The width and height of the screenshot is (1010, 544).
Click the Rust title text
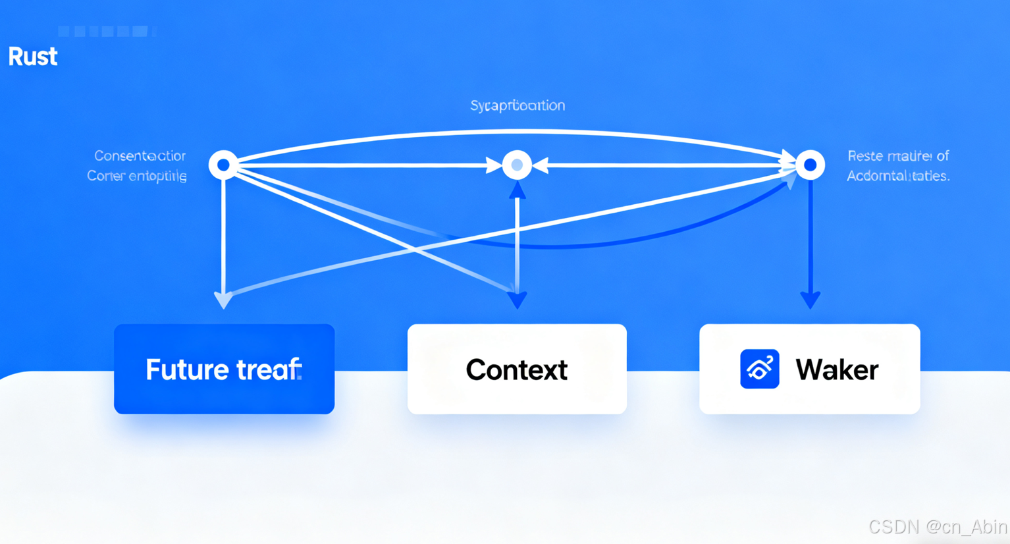[x=33, y=57]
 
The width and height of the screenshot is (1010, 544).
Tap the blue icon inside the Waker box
[x=759, y=369]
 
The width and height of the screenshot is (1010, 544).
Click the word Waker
[x=837, y=370]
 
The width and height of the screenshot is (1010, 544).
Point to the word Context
[x=517, y=370]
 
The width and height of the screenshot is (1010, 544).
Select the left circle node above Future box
[x=223, y=165]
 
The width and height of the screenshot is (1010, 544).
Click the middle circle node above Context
[x=517, y=165]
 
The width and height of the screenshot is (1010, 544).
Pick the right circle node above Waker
[x=810, y=165]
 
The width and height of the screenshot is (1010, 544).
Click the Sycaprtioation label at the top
[x=518, y=105]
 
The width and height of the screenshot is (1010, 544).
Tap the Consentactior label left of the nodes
[x=140, y=156]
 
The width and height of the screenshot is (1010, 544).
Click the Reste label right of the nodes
[x=898, y=156]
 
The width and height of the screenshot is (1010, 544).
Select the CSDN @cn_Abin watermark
[x=938, y=527]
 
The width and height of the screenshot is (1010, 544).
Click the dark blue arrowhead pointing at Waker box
[x=810, y=300]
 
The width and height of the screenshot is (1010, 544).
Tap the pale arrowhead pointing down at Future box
[x=224, y=300]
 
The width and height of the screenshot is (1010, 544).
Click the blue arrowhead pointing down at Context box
[x=518, y=300]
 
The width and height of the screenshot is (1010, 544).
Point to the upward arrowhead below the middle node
[x=518, y=190]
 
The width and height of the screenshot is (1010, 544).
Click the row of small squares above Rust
[x=105, y=31]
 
